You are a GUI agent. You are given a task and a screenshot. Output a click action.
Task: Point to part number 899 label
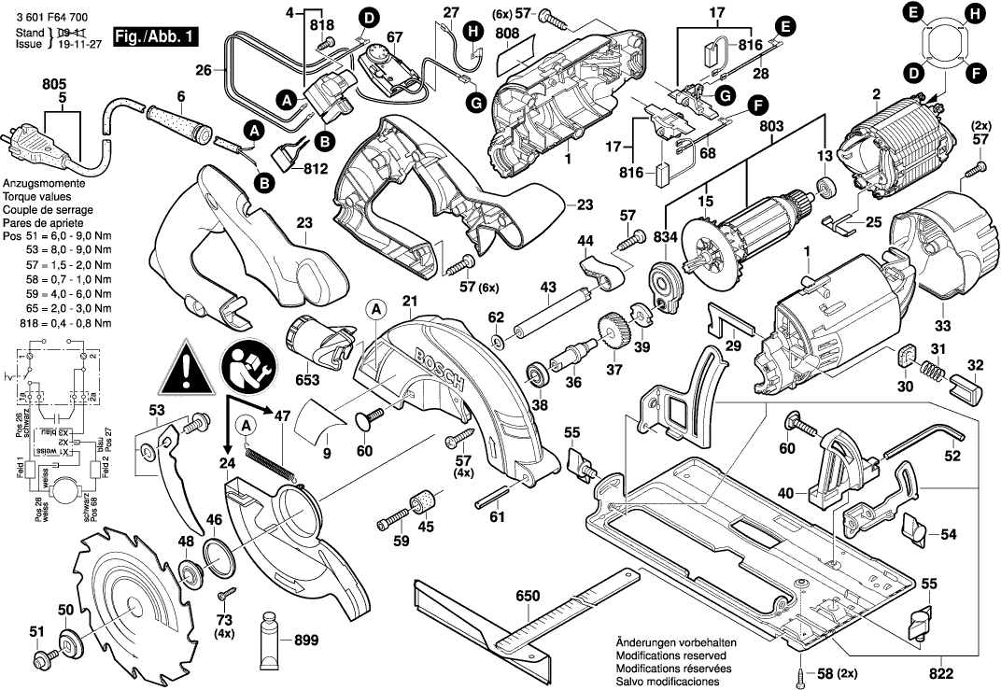pos(305,641)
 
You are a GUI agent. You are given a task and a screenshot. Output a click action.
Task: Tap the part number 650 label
pos(529,596)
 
